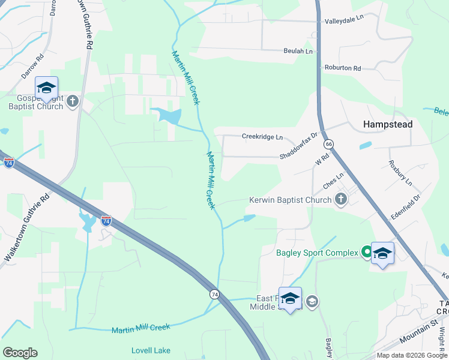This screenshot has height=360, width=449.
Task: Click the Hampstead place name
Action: coord(388,124)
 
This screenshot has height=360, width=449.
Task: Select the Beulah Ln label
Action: coord(298,52)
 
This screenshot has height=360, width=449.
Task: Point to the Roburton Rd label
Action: coord(342,68)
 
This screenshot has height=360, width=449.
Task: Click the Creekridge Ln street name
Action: coord(262,137)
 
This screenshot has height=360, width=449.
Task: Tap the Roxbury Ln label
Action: coord(400,172)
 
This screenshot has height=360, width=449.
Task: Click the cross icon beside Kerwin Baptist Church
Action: coord(341,200)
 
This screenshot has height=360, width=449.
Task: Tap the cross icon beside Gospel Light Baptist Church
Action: coord(73,101)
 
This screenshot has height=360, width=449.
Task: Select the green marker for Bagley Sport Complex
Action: coord(366,253)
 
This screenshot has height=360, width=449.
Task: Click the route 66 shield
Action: coord(328,144)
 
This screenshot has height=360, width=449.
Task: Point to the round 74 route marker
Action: coord(214,294)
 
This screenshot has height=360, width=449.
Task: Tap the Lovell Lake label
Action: coord(151,350)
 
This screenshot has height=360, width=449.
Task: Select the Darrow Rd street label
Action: coord(33,68)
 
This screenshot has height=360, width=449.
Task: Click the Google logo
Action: coord(20,353)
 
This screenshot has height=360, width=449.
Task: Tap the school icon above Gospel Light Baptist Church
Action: coord(46,87)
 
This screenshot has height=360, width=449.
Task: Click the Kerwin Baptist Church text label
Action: coord(291,200)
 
